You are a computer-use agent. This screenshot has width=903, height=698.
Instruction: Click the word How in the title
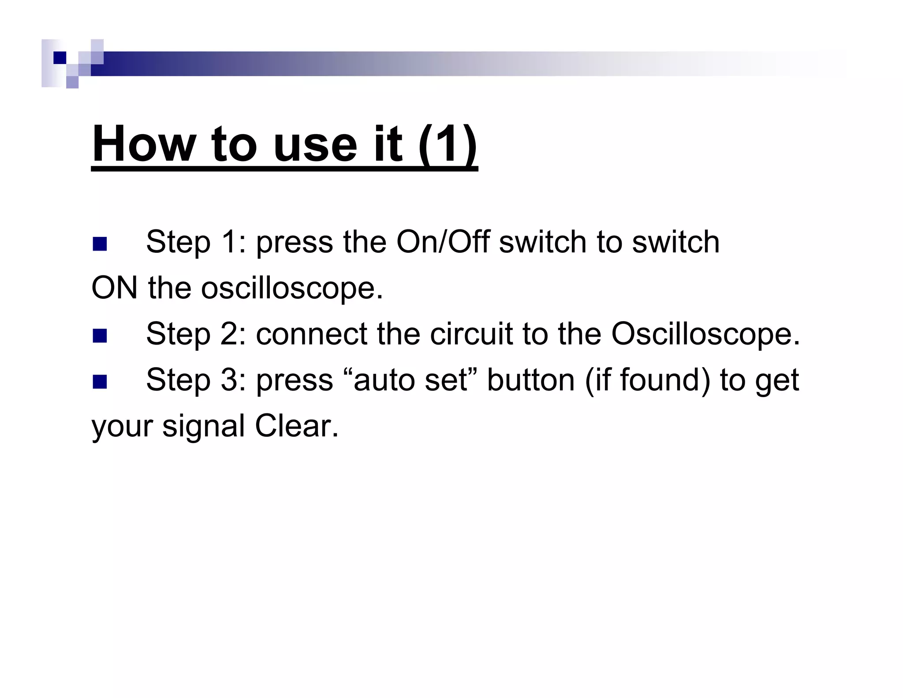(144, 144)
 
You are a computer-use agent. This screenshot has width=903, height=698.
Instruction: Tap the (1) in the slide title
(448, 144)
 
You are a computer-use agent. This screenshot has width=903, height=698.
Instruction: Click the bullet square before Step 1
(100, 244)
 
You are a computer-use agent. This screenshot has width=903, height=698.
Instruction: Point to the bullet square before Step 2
(100, 336)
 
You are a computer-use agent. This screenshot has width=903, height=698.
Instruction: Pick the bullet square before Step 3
(100, 382)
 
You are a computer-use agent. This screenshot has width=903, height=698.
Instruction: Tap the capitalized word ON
(114, 288)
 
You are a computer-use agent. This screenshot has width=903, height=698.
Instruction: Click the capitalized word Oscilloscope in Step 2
(705, 334)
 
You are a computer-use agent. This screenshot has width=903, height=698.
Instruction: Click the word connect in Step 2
(312, 334)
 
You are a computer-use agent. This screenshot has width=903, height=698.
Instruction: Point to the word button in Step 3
(531, 380)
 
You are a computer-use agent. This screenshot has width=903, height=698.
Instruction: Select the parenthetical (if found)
(648, 380)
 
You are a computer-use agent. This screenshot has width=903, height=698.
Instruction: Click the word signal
(203, 427)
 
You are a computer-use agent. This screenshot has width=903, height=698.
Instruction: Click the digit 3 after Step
(229, 380)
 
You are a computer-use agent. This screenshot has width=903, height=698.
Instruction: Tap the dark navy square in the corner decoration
(60, 58)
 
